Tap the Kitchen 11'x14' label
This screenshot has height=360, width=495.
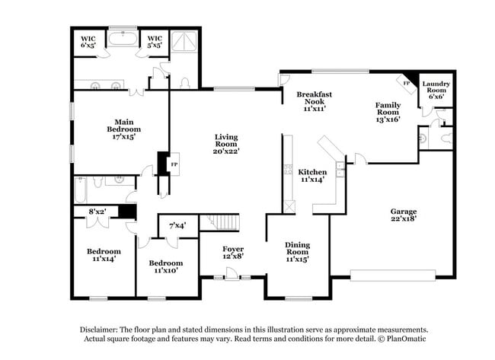[x=313, y=176]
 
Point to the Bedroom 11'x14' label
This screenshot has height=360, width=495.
[x=103, y=256]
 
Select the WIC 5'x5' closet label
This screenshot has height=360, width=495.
[x=155, y=42]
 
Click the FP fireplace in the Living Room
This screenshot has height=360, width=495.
[x=174, y=164]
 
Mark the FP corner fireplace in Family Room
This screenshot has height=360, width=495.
[x=407, y=83]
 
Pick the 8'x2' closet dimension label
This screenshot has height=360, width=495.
[x=97, y=211]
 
